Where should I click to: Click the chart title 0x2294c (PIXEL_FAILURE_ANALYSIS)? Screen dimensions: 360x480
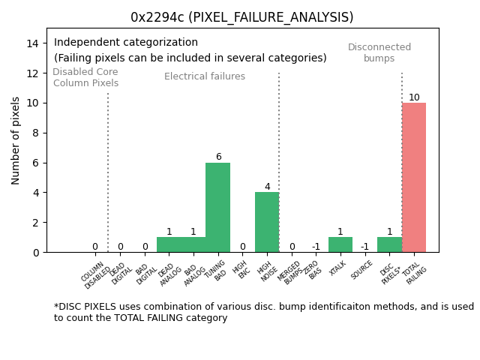(x=241, y=17)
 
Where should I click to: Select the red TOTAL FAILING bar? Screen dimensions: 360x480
(x=414, y=178)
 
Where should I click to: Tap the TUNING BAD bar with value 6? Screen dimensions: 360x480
(x=217, y=207)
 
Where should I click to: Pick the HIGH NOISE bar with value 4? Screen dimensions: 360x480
(x=267, y=222)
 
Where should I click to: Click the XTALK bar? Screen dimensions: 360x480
(x=340, y=244)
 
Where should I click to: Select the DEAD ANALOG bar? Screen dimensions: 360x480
(x=169, y=244)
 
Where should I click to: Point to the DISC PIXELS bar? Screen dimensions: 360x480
(x=389, y=244)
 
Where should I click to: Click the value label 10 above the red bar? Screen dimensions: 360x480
(x=414, y=97)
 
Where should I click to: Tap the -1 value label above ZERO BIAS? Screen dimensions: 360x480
(x=316, y=247)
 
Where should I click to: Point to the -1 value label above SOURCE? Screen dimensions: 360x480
(x=364, y=247)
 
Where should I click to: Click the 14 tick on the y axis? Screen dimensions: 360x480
(x=33, y=43)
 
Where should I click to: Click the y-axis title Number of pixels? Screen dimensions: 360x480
(x=16, y=140)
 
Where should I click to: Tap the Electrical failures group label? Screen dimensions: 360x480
(x=205, y=76)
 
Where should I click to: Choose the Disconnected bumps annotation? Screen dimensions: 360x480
(x=379, y=52)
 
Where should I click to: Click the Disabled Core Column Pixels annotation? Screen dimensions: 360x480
(x=85, y=77)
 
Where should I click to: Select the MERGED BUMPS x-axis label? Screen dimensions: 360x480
(x=291, y=274)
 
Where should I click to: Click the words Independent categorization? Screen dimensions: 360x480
(x=126, y=43)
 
